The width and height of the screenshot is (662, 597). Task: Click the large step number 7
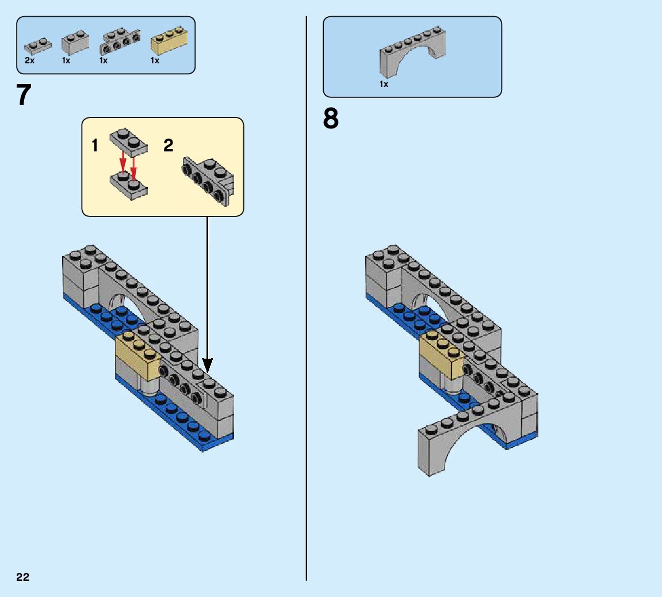click(x=24, y=96)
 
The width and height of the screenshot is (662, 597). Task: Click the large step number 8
click(x=331, y=119)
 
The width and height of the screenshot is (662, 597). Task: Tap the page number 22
click(x=23, y=577)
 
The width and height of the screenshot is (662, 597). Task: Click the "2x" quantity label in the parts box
click(x=30, y=60)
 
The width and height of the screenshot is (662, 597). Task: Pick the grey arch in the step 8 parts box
click(x=412, y=53)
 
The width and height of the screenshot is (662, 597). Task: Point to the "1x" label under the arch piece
click(x=384, y=84)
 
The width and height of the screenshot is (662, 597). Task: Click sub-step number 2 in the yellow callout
click(x=168, y=146)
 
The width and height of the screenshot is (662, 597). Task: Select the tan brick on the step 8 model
click(x=442, y=355)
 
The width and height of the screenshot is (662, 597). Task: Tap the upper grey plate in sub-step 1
click(x=129, y=142)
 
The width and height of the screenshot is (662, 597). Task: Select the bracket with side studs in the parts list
click(x=120, y=40)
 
